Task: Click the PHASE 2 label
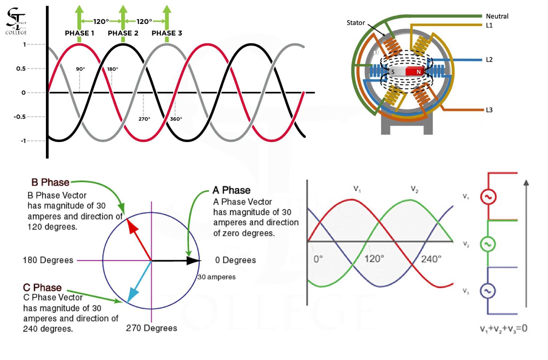pos(123,33)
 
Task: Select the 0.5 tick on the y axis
pos(21,69)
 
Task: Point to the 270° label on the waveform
pos(144,119)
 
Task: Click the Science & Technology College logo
pos(16,21)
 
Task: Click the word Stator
pos(356,23)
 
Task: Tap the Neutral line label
pos(497,16)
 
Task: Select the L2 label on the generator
pos(489,60)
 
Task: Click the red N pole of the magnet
pos(416,72)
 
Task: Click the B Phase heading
pos(50,182)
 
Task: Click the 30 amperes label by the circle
pos(217,277)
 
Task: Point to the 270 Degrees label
pos(152,328)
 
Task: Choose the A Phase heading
pos(231,190)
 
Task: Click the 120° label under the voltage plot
pos(374,259)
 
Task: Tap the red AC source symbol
pos(488,197)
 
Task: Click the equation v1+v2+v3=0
pos(504,328)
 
